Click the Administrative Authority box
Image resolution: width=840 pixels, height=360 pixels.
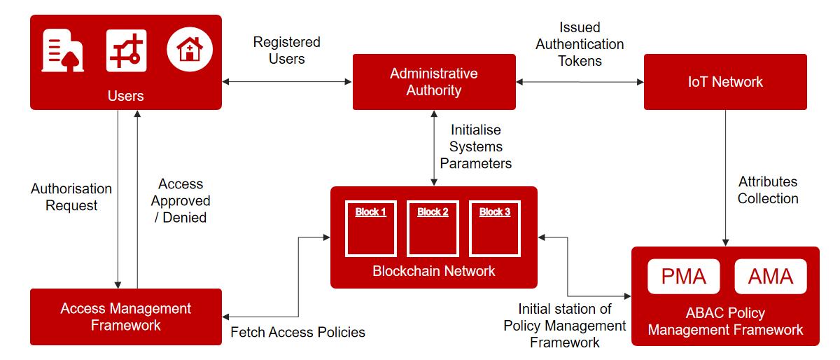click(434, 82)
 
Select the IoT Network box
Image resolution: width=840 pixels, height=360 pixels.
click(725, 82)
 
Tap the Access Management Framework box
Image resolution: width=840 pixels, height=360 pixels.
click(126, 317)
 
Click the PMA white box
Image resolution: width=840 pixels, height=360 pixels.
click(683, 277)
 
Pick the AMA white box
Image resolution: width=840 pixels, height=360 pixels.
click(771, 277)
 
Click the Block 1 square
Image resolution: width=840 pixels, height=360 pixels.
click(371, 229)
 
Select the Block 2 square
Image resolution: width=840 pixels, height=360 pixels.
click(433, 229)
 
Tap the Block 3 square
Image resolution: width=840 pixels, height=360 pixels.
click(495, 229)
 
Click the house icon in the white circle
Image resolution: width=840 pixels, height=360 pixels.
click(189, 50)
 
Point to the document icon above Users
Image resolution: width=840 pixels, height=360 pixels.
click(62, 50)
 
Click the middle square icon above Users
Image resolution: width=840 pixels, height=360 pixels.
click(126, 50)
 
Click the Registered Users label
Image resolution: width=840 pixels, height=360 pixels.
click(287, 50)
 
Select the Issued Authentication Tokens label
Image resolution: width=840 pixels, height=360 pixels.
click(580, 44)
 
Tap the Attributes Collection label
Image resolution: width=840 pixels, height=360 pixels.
click(768, 190)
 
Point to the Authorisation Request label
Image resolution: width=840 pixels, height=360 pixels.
click(71, 197)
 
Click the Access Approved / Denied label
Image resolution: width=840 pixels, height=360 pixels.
click(181, 201)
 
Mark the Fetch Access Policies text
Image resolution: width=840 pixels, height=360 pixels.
click(298, 332)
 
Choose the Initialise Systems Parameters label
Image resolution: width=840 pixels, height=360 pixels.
click(476, 146)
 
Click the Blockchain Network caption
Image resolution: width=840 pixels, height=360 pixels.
click(434, 271)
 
